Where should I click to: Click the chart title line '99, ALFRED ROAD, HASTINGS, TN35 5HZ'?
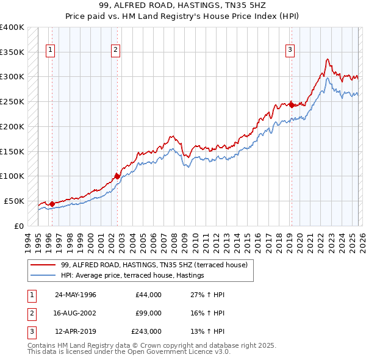pyautogui.click(x=183, y=5)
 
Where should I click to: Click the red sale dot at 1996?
pyautogui.click(x=52, y=204)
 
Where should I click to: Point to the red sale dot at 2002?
pyautogui.click(x=117, y=176)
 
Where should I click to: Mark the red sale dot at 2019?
pyautogui.click(x=292, y=104)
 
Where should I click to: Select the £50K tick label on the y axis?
pyautogui.click(x=15, y=201)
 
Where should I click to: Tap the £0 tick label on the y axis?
pyautogui.click(x=19, y=226)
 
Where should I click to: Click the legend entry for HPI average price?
pyautogui.click(x=132, y=276)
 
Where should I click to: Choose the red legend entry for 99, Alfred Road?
pyautogui.click(x=154, y=265)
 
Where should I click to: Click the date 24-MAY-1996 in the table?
pyautogui.click(x=76, y=295)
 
